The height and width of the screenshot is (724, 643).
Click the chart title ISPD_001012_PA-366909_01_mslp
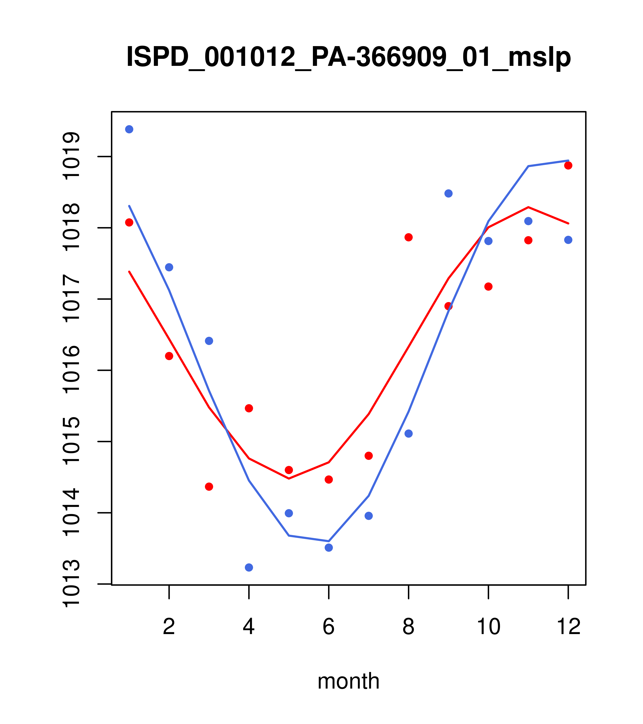point(348,57)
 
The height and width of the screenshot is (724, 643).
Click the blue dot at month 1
point(129,129)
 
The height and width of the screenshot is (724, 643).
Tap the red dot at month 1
point(129,222)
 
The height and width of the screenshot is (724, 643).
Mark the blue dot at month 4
point(249,568)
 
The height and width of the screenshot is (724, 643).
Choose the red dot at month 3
point(209,487)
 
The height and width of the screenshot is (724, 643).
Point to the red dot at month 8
point(408,237)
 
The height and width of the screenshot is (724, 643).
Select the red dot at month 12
point(568,165)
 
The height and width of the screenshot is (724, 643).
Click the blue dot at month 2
point(169,267)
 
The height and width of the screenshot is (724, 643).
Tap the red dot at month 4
point(249,408)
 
